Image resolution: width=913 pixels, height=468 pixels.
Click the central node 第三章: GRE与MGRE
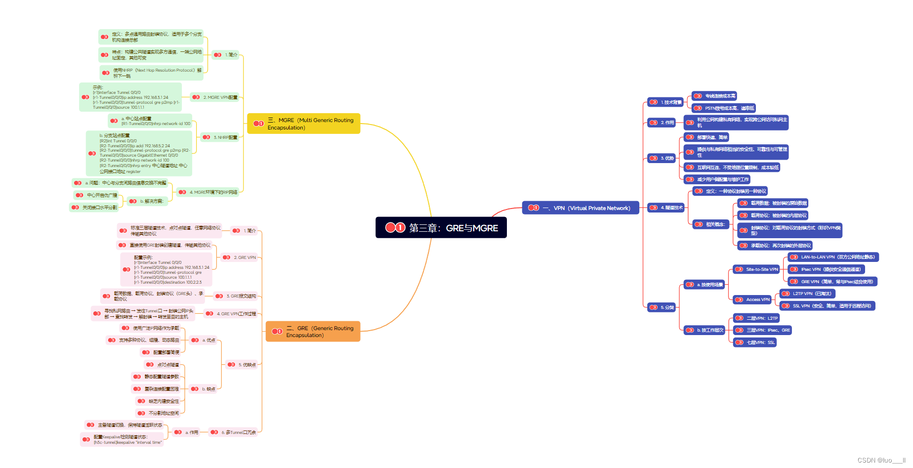[x=441, y=228]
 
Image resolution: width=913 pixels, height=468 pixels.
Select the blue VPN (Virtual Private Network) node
[x=581, y=208]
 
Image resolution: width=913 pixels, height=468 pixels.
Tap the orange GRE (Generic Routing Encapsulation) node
[x=313, y=332]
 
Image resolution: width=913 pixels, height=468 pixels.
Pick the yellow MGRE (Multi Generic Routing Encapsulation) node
[x=303, y=124]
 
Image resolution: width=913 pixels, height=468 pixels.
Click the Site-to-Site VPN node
[x=756, y=269]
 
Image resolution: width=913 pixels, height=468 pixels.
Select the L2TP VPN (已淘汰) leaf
[x=807, y=294]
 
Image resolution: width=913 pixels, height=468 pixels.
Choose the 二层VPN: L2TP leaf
[x=756, y=318]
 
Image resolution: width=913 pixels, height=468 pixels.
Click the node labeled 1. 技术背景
[x=665, y=102]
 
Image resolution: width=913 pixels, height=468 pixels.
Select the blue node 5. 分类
[x=662, y=307]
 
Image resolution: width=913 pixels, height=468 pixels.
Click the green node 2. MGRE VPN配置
[x=215, y=97]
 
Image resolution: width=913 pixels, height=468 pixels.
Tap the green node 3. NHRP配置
[x=220, y=137]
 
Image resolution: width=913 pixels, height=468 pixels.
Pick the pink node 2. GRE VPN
[x=240, y=257]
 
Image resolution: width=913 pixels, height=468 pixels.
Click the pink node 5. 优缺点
[x=242, y=365]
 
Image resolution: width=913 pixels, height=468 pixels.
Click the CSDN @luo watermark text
[x=881, y=461]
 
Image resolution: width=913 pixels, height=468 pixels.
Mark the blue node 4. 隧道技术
[x=666, y=208]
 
